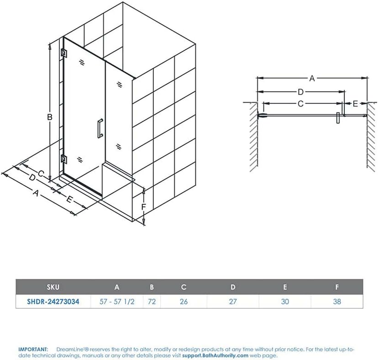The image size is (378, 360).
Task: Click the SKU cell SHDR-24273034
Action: click(x=53, y=302)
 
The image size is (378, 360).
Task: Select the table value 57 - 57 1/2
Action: click(x=117, y=302)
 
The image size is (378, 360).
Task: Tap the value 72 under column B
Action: click(x=152, y=302)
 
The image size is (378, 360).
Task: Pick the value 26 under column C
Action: click(x=184, y=302)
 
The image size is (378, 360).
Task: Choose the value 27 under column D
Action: click(x=233, y=302)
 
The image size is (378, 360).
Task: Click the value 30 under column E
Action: click(x=285, y=302)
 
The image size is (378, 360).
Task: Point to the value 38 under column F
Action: click(x=337, y=302)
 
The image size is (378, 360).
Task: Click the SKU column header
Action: click(x=53, y=287)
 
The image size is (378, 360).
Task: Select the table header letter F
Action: click(x=337, y=287)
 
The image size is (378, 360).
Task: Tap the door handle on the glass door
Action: click(x=100, y=128)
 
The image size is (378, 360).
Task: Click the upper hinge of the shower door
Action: click(x=63, y=53)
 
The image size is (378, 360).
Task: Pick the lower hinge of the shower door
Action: click(x=64, y=159)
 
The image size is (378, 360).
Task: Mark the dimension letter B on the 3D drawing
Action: click(x=50, y=117)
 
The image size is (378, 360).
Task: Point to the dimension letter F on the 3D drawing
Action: click(x=143, y=207)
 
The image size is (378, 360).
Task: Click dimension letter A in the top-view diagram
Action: click(x=312, y=78)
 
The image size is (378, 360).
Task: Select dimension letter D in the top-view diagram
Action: click(x=300, y=92)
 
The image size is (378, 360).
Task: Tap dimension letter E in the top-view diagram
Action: click(x=355, y=104)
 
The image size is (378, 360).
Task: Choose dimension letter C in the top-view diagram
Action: click(x=300, y=104)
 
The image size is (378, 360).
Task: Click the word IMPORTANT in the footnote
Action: click(x=33, y=349)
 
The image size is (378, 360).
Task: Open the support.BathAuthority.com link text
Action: click(x=215, y=355)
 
